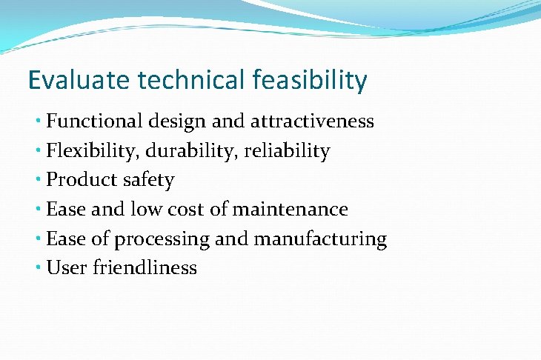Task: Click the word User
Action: point(67,267)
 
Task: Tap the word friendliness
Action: point(145,267)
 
